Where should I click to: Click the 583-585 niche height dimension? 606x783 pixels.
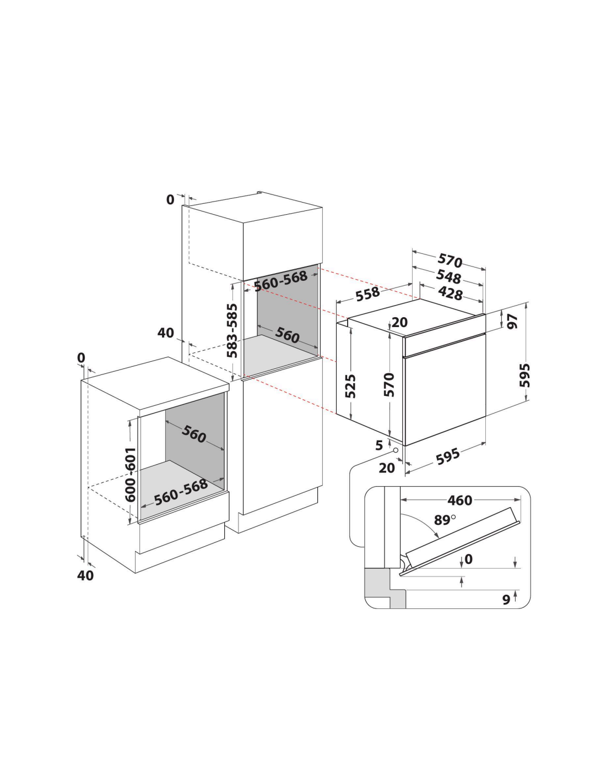tap(232, 330)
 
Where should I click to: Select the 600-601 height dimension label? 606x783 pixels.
tap(130, 475)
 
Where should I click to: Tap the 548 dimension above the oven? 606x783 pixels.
tap(448, 276)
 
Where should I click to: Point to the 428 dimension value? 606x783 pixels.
tap(450, 293)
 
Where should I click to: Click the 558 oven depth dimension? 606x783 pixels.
tap(367, 293)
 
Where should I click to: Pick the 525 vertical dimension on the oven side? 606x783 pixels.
tap(350, 387)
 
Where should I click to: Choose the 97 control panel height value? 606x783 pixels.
tap(512, 321)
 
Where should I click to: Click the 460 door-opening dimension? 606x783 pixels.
tap(459, 500)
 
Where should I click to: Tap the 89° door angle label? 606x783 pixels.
tap(444, 520)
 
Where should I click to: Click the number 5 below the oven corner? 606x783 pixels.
tap(379, 445)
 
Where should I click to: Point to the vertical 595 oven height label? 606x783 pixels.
tap(525, 375)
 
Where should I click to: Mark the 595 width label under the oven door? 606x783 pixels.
tap(448, 456)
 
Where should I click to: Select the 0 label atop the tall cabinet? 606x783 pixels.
tap(170, 199)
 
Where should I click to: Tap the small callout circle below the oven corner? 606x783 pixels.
tap(396, 450)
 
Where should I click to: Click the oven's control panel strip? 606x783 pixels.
tap(445, 345)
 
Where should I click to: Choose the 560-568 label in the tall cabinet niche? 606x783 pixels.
tap(281, 281)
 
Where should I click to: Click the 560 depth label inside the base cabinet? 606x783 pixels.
tap(194, 433)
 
